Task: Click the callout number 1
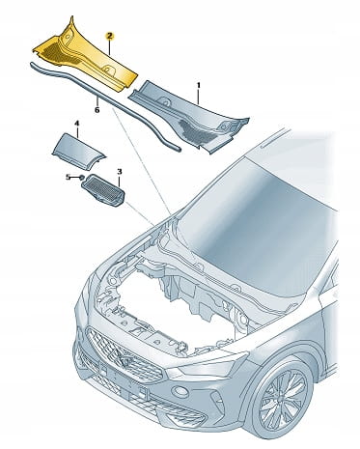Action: [199, 85]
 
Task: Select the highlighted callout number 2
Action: [109, 37]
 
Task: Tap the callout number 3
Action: [120, 172]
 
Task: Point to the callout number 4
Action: [76, 124]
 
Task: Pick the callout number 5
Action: [68, 177]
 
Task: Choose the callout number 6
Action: [97, 110]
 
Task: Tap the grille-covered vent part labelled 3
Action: [103, 190]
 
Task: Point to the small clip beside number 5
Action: [82, 177]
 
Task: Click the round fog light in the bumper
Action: [180, 392]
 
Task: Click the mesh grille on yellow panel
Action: [61, 52]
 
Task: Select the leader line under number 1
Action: [199, 97]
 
